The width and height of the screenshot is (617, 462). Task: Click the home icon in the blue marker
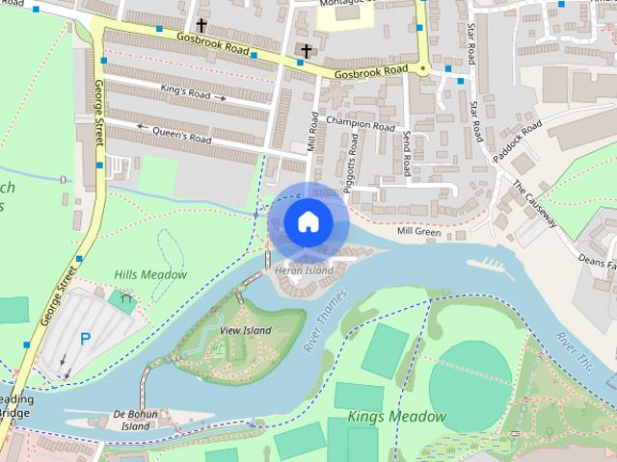[307, 221]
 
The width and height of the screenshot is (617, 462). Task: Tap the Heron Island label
[304, 271]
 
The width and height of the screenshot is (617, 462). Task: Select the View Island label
[246, 330]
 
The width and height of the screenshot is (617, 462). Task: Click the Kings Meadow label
[398, 417]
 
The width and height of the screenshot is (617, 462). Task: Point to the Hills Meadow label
[150, 274]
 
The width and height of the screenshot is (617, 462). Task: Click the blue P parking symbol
[85, 339]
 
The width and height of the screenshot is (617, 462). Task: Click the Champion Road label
[361, 124]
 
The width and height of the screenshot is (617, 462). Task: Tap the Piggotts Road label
[354, 157]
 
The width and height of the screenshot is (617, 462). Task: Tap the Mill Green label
[418, 232]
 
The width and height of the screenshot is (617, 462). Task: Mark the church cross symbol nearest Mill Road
[307, 50]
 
